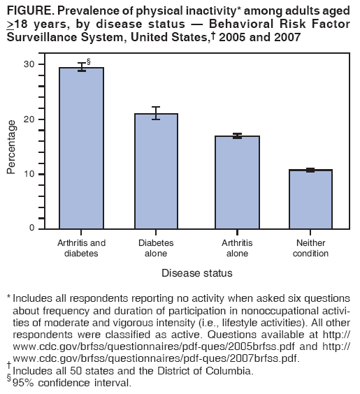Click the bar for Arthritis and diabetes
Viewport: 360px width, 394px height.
(81, 148)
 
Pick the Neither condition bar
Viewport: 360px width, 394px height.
(310, 199)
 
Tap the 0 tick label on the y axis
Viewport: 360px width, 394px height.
(31, 228)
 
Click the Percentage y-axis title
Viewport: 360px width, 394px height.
(11, 147)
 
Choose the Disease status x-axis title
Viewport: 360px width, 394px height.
(197, 272)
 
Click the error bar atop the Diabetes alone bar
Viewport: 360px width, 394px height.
(155, 113)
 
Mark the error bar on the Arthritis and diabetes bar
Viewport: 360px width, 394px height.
(81, 67)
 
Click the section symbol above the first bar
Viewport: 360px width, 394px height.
(88, 61)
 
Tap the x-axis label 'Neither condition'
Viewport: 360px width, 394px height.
(310, 248)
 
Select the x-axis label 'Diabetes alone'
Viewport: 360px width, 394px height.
(155, 248)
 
